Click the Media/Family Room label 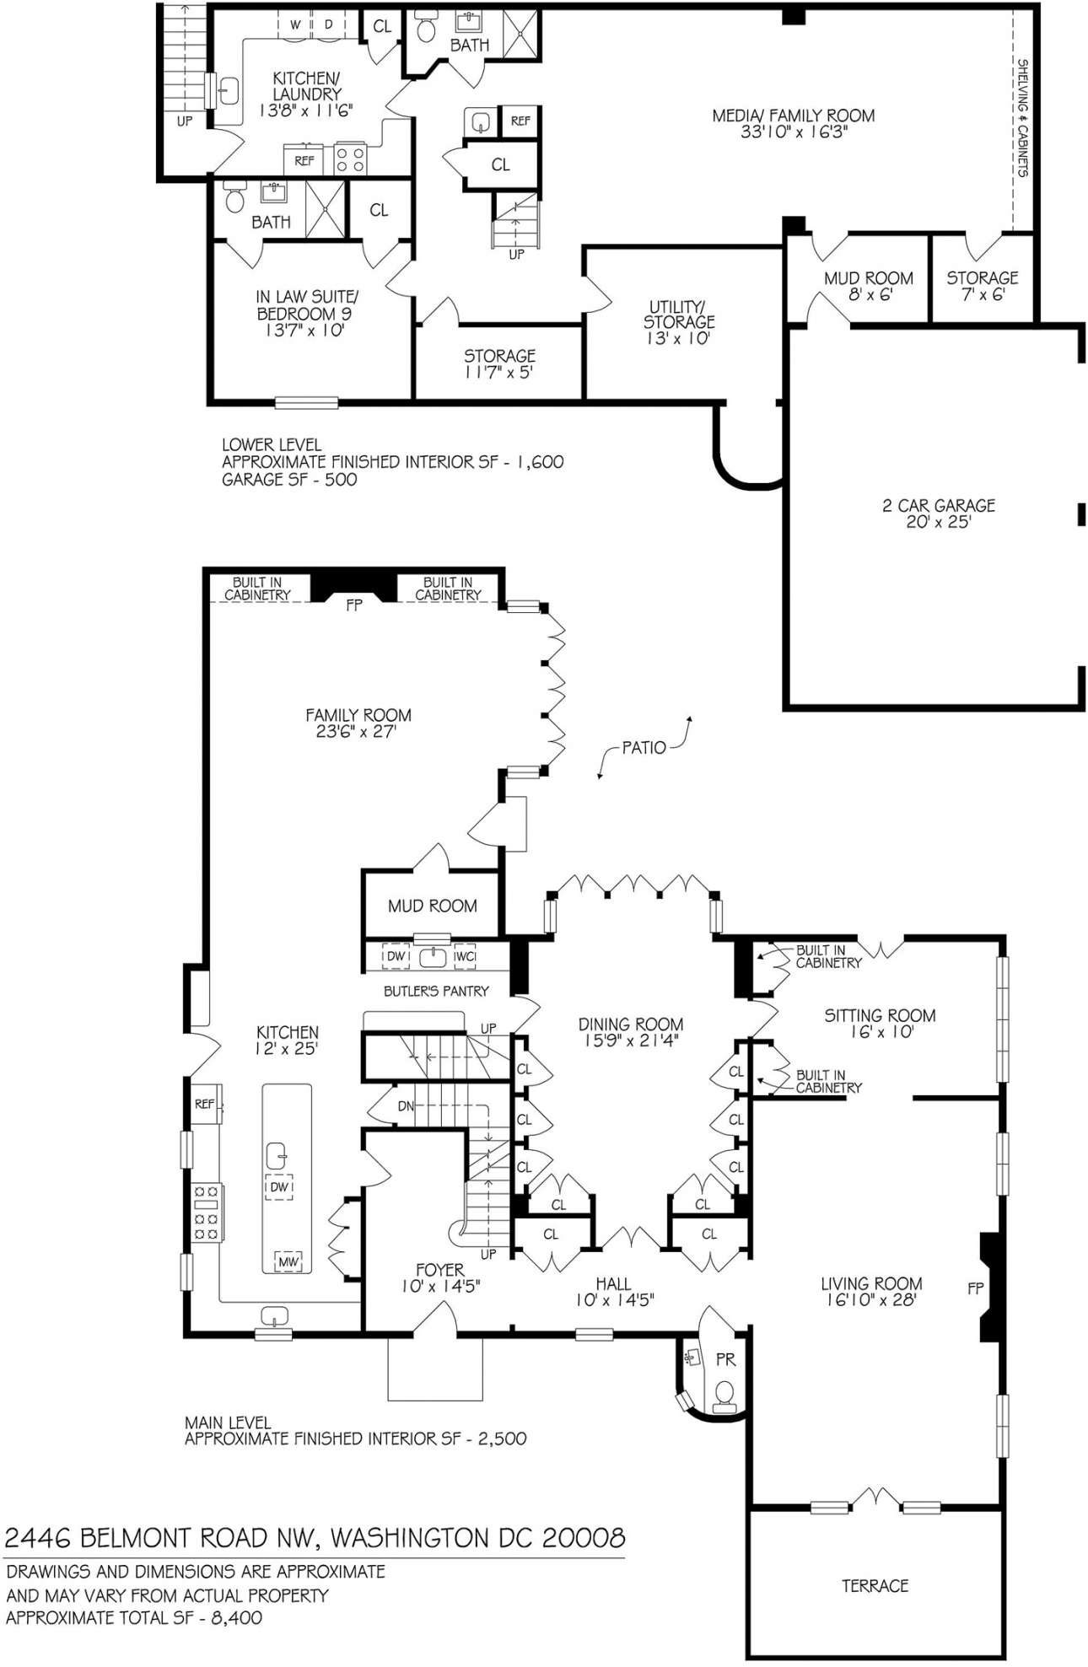[793, 116]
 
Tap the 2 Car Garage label [938, 505]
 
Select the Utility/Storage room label [679, 314]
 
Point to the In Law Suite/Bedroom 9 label [307, 305]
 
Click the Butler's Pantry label [436, 991]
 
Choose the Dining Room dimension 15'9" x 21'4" [630, 1041]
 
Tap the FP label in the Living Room [976, 1288]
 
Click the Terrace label [875, 1586]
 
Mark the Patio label [644, 747]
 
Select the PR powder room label [725, 1360]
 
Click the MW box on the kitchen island [288, 1261]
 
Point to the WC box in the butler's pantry [465, 956]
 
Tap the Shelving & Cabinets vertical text [1022, 117]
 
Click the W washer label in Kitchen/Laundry [295, 24]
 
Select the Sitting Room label [880, 1015]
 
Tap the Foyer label [439, 1269]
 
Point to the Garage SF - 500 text [288, 480]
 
